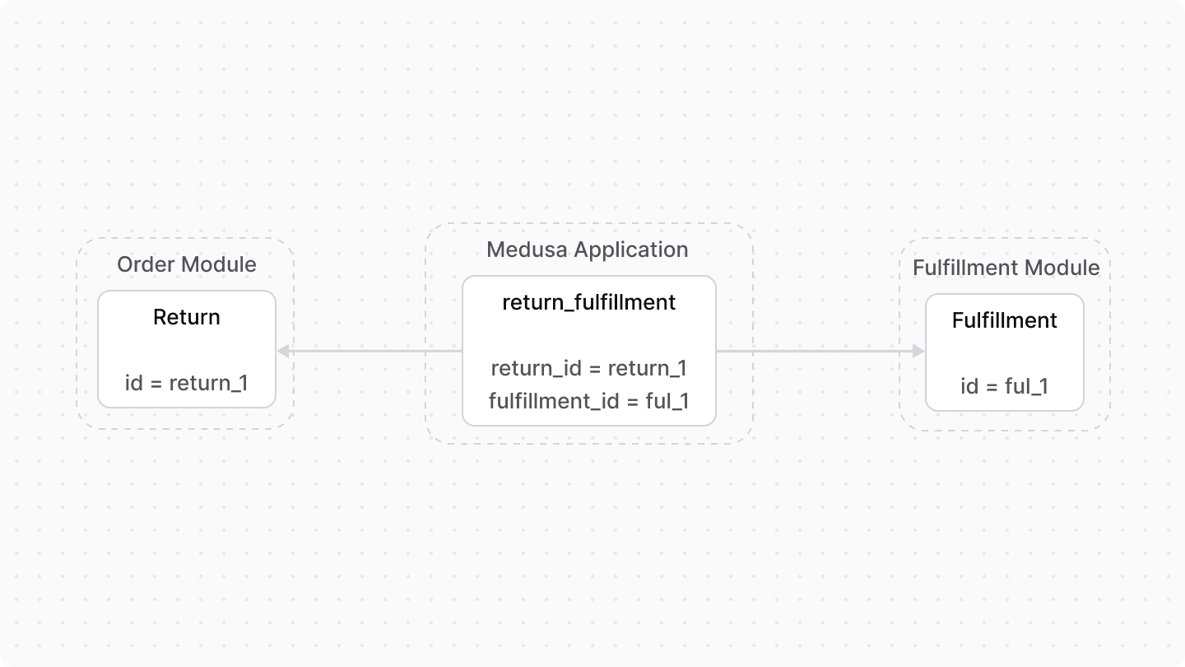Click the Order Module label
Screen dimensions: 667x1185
pyautogui.click(x=186, y=264)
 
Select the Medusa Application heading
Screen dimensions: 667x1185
pyautogui.click(x=588, y=250)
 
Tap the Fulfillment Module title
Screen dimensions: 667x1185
pyautogui.click(x=1006, y=268)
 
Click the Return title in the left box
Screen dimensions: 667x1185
pyautogui.click(x=187, y=317)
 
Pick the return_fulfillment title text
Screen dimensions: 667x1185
pyautogui.click(x=588, y=302)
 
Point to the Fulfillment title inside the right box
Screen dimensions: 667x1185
pyautogui.click(x=1004, y=320)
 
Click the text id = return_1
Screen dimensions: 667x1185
pyautogui.click(x=187, y=383)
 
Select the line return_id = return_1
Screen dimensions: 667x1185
pyautogui.click(x=588, y=368)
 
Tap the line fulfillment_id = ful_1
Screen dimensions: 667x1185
pyautogui.click(x=588, y=401)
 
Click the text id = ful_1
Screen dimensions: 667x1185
pyautogui.click(x=1004, y=385)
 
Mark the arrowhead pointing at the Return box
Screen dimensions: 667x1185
pyautogui.click(x=282, y=352)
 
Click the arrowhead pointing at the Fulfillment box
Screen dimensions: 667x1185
pyautogui.click(x=918, y=352)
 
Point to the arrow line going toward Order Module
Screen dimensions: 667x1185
pyautogui.click(x=370, y=352)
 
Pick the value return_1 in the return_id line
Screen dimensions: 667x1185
pyautogui.click(x=647, y=368)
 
